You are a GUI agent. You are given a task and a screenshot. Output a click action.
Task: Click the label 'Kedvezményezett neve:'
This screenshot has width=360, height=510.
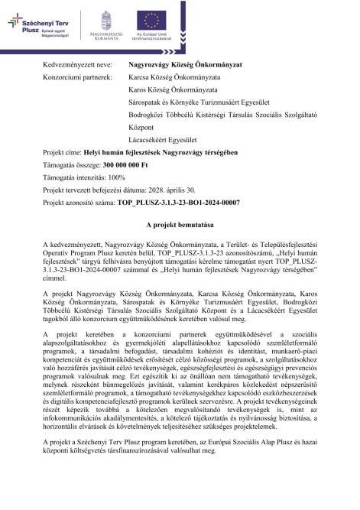77,66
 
